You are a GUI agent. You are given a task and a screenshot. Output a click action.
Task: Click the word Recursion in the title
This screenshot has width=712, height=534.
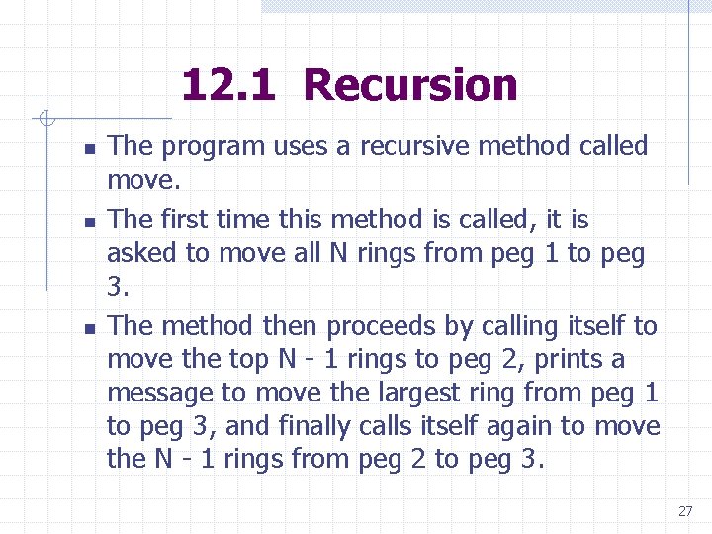[x=410, y=85]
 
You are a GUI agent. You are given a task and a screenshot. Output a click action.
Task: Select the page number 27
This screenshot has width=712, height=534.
[x=685, y=511]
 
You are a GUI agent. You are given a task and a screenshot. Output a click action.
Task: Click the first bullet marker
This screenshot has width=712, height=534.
[x=88, y=149]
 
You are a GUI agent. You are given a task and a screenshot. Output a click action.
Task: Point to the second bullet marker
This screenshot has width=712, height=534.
[x=88, y=222]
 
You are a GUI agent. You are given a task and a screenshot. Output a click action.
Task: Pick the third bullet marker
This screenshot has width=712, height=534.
[x=88, y=329]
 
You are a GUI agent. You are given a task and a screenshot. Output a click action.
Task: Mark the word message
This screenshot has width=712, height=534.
[x=159, y=394]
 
